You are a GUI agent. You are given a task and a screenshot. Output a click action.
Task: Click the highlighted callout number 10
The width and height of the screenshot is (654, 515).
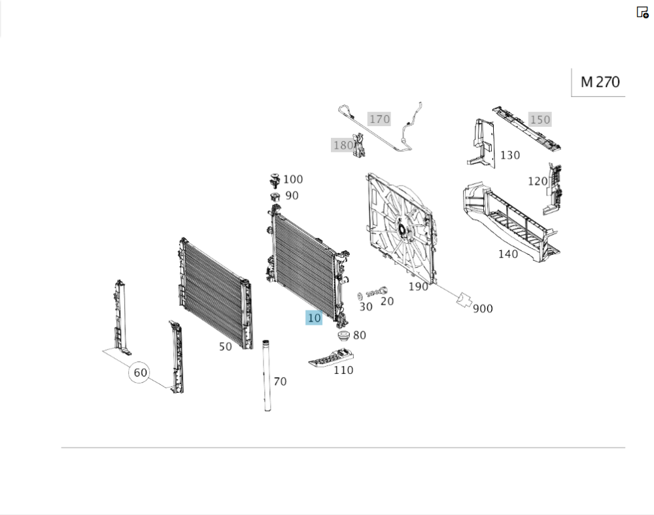pyautogui.click(x=314, y=318)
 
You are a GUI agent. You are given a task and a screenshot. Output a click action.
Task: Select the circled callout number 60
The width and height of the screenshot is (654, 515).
pyautogui.click(x=140, y=372)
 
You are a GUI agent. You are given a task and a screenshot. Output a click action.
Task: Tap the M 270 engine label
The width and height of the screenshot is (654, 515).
pyautogui.click(x=600, y=82)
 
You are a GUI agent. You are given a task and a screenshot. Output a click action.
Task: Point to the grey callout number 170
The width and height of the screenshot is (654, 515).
pyautogui.click(x=379, y=119)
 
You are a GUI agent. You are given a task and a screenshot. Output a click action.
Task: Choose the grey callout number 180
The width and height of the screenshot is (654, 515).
pyautogui.click(x=343, y=145)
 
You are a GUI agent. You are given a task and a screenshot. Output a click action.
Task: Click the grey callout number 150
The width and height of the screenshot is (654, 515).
pyautogui.click(x=540, y=120)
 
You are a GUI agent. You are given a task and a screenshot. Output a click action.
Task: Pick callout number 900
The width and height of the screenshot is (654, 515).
pyautogui.click(x=483, y=308)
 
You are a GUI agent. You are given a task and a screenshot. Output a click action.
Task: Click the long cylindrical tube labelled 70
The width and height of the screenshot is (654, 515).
pyautogui.click(x=267, y=376)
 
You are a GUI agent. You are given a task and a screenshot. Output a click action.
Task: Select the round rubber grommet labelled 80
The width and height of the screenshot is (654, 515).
pyautogui.click(x=344, y=335)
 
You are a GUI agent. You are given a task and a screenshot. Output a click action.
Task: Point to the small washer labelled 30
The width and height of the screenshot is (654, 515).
pyautogui.click(x=360, y=296)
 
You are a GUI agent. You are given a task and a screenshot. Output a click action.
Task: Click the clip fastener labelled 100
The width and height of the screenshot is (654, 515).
pyautogui.click(x=275, y=180)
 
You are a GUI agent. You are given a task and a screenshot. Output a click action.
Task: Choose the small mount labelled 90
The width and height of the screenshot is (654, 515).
pyautogui.click(x=275, y=196)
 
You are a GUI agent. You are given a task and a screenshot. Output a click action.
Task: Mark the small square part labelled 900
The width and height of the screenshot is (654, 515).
pyautogui.click(x=464, y=299)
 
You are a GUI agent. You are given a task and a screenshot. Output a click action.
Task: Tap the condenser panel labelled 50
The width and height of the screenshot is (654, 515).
pyautogui.click(x=216, y=293)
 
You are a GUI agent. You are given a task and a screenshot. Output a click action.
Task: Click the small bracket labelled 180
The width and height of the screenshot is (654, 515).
pyautogui.click(x=358, y=146)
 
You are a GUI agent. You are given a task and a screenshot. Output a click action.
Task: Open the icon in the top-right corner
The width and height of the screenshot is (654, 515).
pyautogui.click(x=642, y=12)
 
